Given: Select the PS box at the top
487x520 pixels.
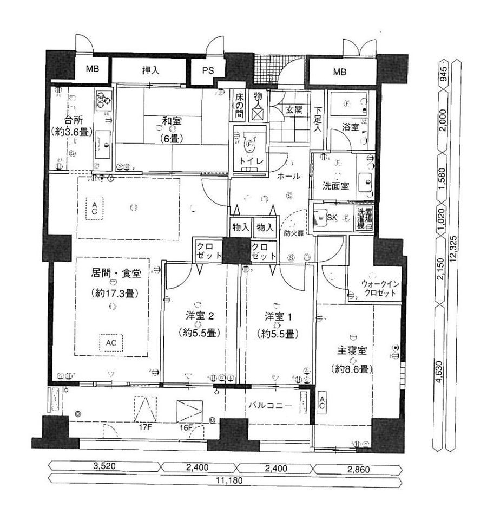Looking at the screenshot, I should click(208, 70).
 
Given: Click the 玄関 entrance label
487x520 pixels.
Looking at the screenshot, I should click(295, 109).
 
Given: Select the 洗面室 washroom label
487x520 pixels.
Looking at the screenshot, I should click(335, 185).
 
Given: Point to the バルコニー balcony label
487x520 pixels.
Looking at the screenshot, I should click(271, 405).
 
